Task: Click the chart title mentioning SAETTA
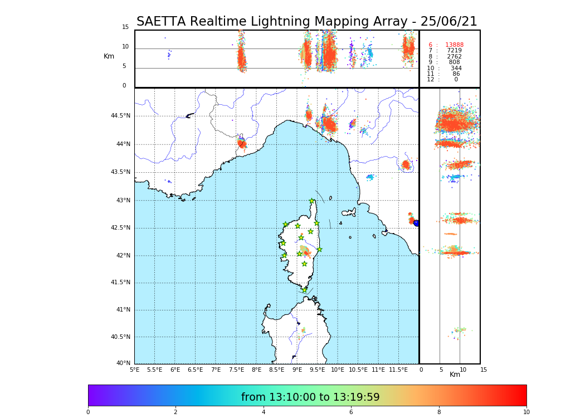tap(306, 22)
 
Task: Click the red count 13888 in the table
tap(454, 45)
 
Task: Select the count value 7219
tap(454, 51)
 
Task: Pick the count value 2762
tap(454, 57)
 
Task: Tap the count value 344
tap(456, 69)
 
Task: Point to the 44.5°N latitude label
tap(120, 116)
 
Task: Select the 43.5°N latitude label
tap(120, 172)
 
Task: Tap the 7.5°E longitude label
tap(236, 370)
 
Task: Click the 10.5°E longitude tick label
tap(358, 370)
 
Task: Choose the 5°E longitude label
tap(134, 370)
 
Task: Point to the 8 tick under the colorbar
tap(438, 412)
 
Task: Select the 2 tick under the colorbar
tap(175, 412)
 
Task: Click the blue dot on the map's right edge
tap(416, 223)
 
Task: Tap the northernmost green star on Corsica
tap(312, 201)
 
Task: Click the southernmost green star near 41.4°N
tap(304, 290)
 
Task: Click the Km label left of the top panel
tap(109, 56)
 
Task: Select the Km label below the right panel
tap(455, 375)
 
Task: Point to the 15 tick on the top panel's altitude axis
tap(125, 27)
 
